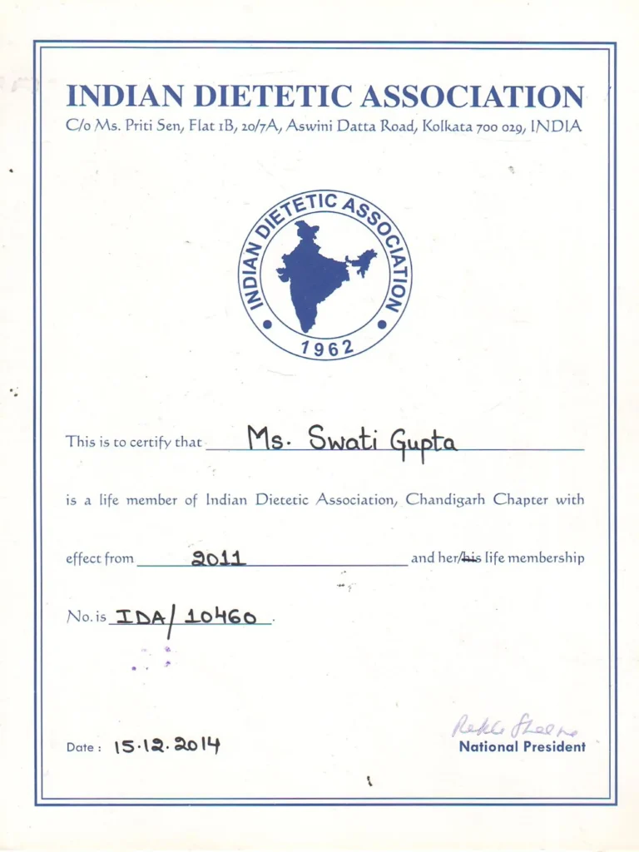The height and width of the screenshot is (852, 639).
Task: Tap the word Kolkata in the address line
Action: [448, 127]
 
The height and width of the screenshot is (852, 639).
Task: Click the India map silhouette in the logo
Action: [315, 274]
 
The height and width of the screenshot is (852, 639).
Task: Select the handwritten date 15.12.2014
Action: [166, 745]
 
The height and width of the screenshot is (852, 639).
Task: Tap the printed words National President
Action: [522, 746]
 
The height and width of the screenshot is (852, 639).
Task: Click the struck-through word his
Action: [470, 557]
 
